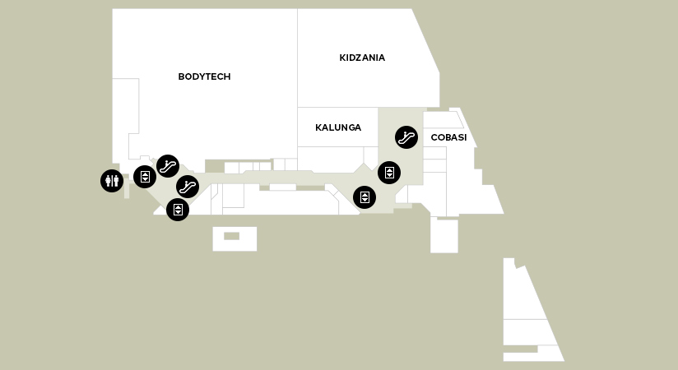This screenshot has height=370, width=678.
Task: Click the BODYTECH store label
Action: coord(204,76)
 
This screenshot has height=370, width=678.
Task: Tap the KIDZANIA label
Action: coord(362,58)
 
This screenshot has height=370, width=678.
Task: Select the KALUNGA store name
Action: coord(338,127)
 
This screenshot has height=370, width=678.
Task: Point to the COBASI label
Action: coord(448,137)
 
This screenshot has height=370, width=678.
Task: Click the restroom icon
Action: coord(112,180)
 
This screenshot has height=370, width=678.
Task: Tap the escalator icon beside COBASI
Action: coord(406,137)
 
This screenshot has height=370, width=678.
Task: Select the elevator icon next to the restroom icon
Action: coord(145,176)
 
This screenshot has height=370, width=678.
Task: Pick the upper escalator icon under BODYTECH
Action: coord(168,166)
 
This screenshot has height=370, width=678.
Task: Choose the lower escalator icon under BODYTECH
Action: coord(188,187)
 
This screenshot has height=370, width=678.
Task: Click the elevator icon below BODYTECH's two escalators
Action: coord(178,210)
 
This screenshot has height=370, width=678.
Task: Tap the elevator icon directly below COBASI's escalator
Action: coord(389,173)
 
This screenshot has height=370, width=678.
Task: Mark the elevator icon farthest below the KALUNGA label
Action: coord(365,197)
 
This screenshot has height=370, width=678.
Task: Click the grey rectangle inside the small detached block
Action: coord(232,236)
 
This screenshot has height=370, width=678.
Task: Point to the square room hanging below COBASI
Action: coord(444,235)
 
